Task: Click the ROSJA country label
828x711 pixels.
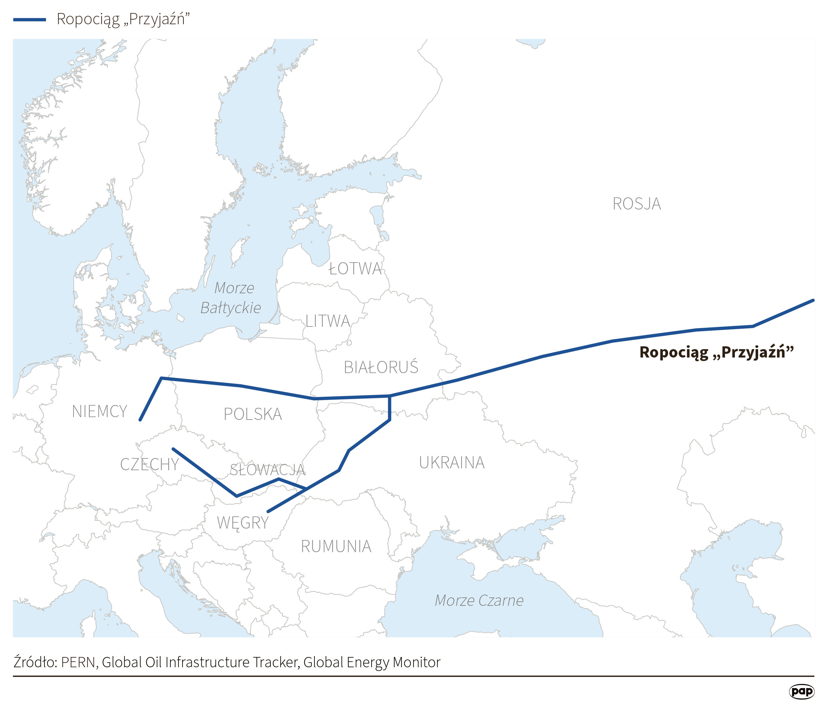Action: [x=636, y=204]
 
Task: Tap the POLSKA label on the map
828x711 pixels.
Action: [x=252, y=414]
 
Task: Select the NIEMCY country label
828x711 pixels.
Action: [x=100, y=412]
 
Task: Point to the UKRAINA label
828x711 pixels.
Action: [x=451, y=462]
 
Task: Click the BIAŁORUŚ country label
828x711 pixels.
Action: [x=381, y=367]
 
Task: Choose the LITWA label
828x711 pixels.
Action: [x=328, y=321]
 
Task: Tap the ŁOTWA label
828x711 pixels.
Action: [x=355, y=269]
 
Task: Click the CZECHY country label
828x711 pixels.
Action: [x=149, y=464]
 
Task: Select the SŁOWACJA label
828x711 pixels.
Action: [x=267, y=470]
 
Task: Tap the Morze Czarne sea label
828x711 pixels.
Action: [x=479, y=600]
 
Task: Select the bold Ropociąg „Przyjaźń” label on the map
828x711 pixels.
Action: [x=716, y=352]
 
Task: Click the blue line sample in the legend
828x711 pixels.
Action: [x=29, y=20]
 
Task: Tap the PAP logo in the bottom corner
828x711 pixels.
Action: [x=801, y=691]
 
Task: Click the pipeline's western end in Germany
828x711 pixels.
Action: [x=140, y=420]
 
